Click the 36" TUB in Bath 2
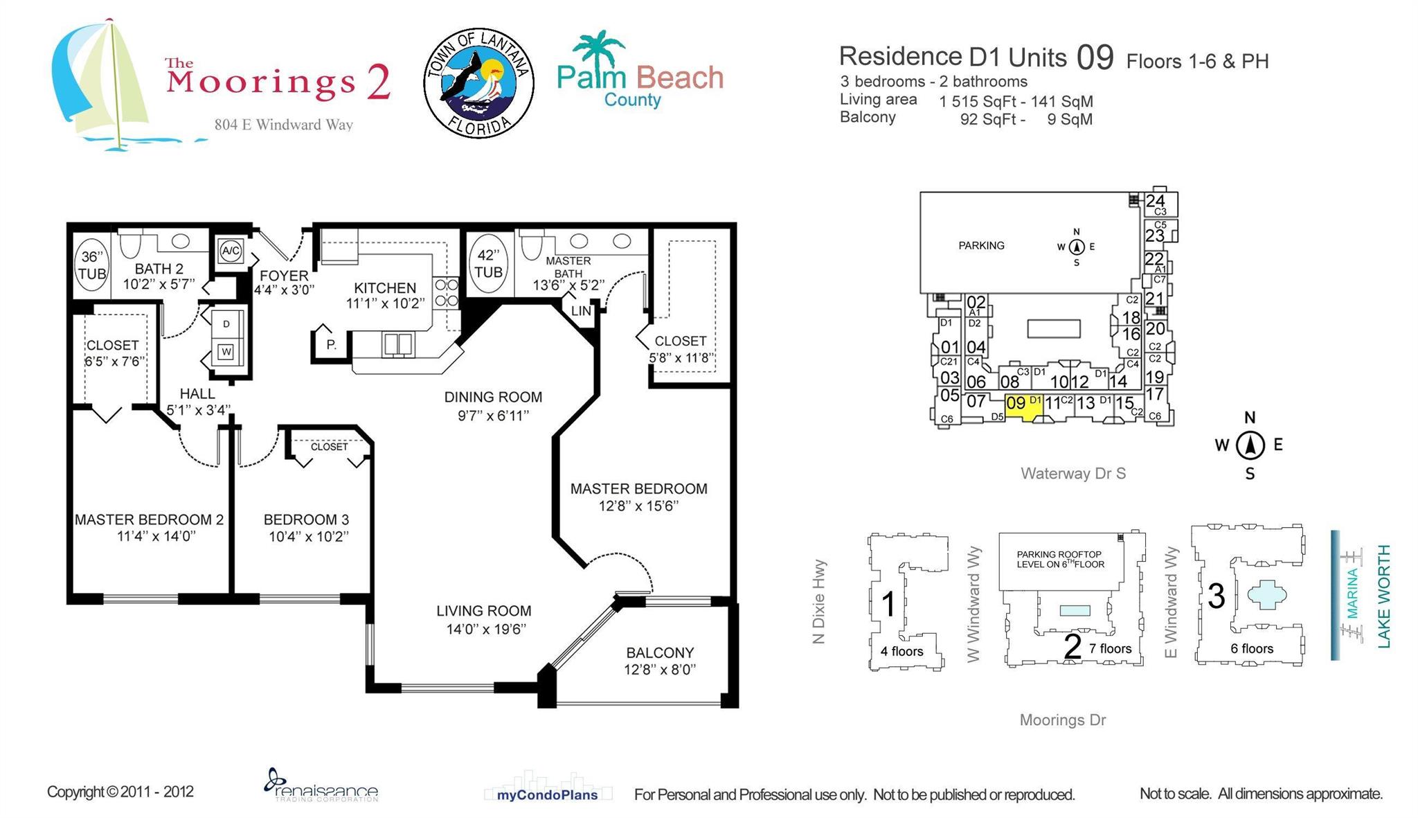coord(91,265)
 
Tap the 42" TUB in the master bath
coord(488,264)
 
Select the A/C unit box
coord(231,251)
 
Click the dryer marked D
coord(226,324)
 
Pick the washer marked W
coord(226,352)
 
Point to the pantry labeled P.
coord(331,344)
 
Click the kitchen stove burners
coord(446,292)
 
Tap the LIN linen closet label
coord(581,311)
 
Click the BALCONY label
coord(659,652)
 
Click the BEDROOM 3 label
coord(306,519)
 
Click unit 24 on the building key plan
coord(1155,202)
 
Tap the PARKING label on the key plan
coord(981,245)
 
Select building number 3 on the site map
coord(1216,596)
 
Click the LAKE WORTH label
coord(1383,596)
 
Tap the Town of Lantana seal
coord(478,83)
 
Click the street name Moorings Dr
coord(1062,720)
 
